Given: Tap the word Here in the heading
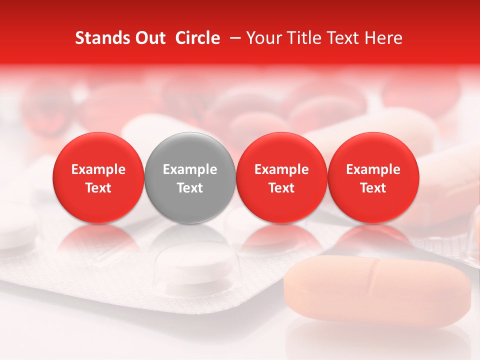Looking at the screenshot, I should [x=383, y=38].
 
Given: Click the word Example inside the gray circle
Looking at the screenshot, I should [x=189, y=169].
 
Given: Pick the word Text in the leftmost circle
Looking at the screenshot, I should [x=98, y=188].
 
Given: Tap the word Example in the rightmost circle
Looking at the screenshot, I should [x=373, y=169].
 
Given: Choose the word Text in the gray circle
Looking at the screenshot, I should [x=189, y=188].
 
